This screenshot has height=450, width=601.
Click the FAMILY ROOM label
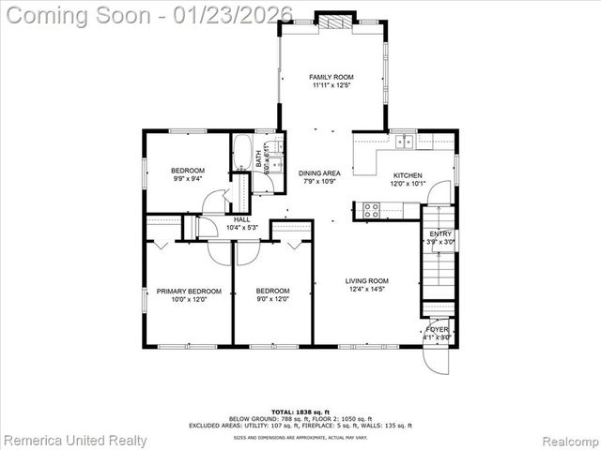(331, 77)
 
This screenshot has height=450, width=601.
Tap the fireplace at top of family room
(335, 22)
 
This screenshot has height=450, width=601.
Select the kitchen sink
(405, 142)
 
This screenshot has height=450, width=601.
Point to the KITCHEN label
(408, 175)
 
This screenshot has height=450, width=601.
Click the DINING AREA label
(319, 173)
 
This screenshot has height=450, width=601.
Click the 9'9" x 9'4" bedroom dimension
(188, 178)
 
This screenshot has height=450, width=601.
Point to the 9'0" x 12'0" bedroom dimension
(272, 300)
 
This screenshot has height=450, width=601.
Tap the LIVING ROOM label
(367, 280)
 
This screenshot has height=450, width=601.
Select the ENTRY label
(440, 234)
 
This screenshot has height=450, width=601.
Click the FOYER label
(438, 330)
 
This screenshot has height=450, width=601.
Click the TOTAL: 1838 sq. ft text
(300, 412)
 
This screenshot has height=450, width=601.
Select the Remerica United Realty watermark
(75, 440)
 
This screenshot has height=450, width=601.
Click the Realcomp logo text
(567, 440)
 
